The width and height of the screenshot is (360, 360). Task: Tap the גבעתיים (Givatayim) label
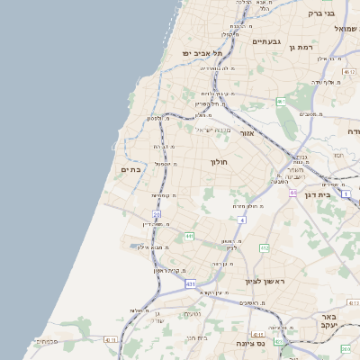266,41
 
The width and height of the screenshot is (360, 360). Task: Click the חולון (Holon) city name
220,162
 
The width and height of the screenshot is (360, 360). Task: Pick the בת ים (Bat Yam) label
130,168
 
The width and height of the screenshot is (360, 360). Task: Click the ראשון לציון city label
264,282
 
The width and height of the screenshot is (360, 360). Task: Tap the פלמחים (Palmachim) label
46,341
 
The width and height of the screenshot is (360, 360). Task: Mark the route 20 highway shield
157,214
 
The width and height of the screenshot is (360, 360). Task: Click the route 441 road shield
190,236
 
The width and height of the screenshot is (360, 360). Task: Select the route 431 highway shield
191,283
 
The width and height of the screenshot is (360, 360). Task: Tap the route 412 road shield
264,247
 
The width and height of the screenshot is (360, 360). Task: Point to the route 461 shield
281,102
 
